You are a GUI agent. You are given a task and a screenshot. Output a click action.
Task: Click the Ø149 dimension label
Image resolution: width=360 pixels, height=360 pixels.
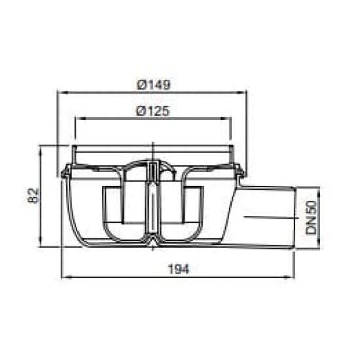[154, 84]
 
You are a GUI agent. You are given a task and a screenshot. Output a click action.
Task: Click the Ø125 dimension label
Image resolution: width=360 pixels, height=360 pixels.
[153, 111]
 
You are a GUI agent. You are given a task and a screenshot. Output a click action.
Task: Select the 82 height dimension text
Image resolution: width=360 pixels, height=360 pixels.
[33, 195]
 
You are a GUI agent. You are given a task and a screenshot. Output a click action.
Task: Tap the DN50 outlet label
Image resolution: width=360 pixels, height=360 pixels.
[312, 217]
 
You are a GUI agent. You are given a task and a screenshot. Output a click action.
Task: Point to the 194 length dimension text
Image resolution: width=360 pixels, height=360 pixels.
[179, 269]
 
